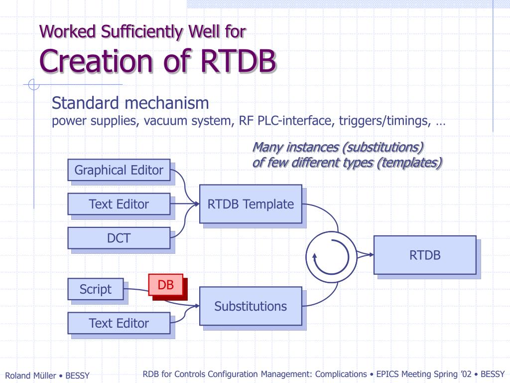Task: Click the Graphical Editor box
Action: (x=119, y=170)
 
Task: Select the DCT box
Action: (x=119, y=238)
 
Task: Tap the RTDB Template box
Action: (x=251, y=204)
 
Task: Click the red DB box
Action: (x=166, y=285)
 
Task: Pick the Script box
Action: (x=96, y=289)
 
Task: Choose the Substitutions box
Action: (x=251, y=306)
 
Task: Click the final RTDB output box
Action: (x=425, y=255)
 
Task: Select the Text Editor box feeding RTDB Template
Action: (x=119, y=204)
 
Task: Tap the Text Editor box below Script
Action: (x=119, y=323)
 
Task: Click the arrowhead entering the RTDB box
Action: (x=371, y=255)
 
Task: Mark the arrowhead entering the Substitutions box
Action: (x=196, y=306)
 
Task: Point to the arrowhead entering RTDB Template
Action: (x=196, y=204)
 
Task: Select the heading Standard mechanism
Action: (x=130, y=103)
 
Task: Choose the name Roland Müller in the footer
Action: (x=30, y=376)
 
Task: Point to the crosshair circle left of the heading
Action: (x=33, y=85)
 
